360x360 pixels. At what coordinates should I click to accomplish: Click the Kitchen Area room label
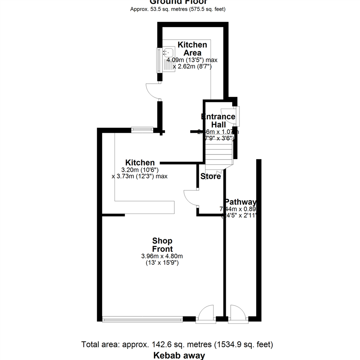click(192, 49)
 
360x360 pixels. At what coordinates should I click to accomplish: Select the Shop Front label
click(162, 245)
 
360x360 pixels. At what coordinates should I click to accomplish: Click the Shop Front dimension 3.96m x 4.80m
click(162, 256)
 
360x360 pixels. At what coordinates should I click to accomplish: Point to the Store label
click(210, 176)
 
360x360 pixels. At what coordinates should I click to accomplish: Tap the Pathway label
click(240, 202)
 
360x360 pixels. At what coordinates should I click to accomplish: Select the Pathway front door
click(237, 313)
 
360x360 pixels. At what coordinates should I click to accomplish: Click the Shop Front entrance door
click(205, 313)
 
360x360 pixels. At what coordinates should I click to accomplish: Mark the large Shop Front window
click(142, 319)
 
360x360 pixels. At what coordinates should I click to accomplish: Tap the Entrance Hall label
click(219, 121)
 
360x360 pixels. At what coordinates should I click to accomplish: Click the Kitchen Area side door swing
click(153, 91)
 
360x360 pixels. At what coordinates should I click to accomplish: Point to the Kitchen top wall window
click(142, 130)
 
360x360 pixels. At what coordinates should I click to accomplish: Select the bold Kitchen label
click(140, 163)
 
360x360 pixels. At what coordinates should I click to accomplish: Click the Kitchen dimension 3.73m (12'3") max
click(139, 176)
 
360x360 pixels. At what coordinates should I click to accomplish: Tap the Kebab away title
click(179, 355)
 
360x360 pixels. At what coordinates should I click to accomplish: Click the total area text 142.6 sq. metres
click(177, 344)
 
